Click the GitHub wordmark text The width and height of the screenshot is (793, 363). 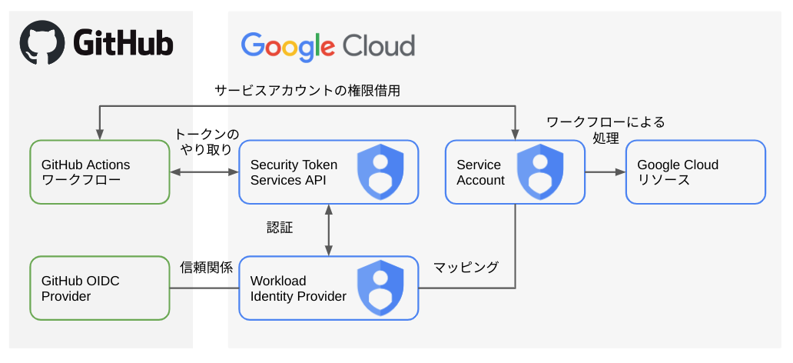tap(123, 43)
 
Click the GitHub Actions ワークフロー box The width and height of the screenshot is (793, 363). tap(99, 172)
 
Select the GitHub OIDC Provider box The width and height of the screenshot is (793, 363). tap(99, 288)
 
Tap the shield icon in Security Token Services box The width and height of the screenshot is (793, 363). tap(380, 172)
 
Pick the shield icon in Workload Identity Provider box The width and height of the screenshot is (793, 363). tap(380, 288)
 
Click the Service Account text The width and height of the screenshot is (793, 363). tap(480, 172)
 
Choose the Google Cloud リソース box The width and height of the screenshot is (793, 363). tap(695, 172)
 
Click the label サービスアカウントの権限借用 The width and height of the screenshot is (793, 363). tap(307, 91)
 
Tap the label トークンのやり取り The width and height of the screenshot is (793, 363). tap(206, 142)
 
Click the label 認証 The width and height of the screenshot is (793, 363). tap(280, 228)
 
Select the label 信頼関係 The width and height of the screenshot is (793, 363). tap(204, 268)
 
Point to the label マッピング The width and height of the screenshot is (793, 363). tap(466, 268)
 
